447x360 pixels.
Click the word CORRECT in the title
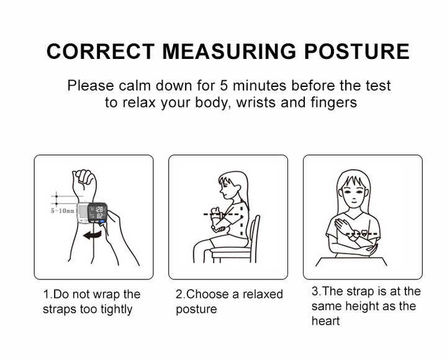[101, 52]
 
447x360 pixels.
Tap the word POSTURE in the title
[357, 52]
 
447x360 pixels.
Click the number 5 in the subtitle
[224, 86]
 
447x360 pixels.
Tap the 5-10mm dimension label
[63, 210]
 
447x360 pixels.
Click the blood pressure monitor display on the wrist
[97, 213]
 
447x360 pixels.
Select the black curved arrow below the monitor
[92, 235]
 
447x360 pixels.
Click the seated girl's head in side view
[232, 185]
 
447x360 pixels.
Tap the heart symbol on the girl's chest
[364, 233]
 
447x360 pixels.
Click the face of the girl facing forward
[353, 192]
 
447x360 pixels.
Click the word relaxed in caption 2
[263, 294]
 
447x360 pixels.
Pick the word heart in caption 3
[325, 321]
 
